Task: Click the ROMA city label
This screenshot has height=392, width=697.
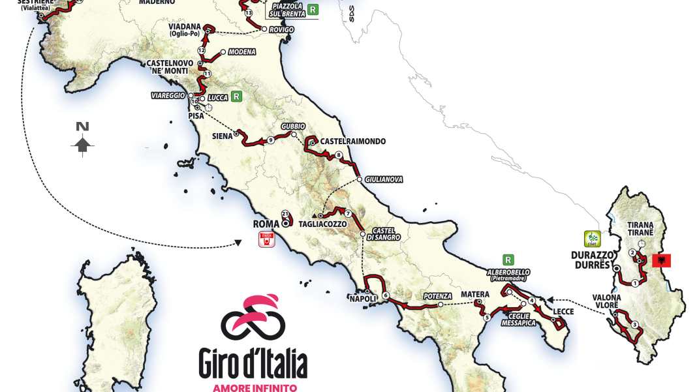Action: coord(266,224)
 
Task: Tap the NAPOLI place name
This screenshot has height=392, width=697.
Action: coord(362,299)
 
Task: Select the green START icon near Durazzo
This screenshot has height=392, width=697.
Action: coord(592,238)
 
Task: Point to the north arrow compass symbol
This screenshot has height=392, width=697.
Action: coord(82,140)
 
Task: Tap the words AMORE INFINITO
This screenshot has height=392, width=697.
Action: coord(253,387)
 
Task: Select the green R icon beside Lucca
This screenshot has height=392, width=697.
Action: coord(236,96)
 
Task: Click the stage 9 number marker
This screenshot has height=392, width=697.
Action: coord(270,140)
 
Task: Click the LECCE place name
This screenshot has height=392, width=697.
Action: coord(563,312)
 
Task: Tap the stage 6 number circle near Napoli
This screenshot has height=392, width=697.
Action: coord(386,295)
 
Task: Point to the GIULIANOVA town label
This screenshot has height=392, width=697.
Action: coord(384,179)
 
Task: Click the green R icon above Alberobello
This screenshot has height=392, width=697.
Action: coord(508,259)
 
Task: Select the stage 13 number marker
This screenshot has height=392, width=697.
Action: coord(248,13)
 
